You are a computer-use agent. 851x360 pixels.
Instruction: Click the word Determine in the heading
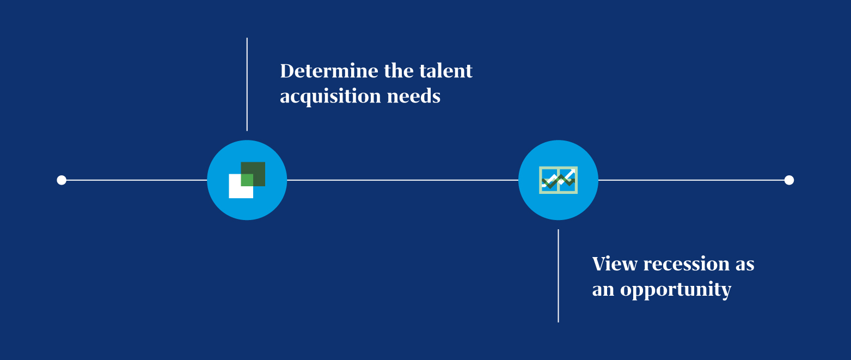pyautogui.click(x=329, y=71)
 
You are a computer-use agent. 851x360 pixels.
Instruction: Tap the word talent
pyautogui.click(x=445, y=71)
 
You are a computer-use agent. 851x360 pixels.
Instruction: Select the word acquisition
pyautogui.click(x=330, y=96)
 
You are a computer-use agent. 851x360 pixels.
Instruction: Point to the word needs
pyautogui.click(x=414, y=96)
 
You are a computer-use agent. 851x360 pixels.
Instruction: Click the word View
pyautogui.click(x=615, y=264)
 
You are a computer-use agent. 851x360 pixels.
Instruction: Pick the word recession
pyautogui.click(x=687, y=264)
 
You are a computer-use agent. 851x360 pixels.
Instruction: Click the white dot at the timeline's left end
pyautogui.click(x=62, y=180)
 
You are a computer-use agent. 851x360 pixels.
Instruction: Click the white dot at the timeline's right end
pyautogui.click(x=789, y=180)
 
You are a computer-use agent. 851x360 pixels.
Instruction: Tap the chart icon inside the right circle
pyautogui.click(x=559, y=180)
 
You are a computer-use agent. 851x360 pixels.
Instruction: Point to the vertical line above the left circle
pyautogui.click(x=247, y=84)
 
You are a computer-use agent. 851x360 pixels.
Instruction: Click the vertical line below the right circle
pyautogui.click(x=558, y=276)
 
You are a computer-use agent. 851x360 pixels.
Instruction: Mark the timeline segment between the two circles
pyautogui.click(x=403, y=180)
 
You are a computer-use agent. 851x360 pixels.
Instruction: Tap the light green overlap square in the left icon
pyautogui.click(x=247, y=180)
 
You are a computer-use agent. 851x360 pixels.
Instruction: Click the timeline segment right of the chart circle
pyautogui.click(x=691, y=180)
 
